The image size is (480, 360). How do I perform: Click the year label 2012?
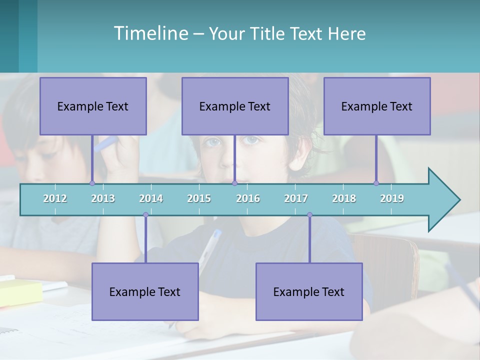point(55,198)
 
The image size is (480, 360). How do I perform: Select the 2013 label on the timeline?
point(103,198)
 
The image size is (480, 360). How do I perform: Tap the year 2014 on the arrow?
point(151,198)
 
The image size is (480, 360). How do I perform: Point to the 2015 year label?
point(199,198)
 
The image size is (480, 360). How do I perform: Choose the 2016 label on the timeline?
point(248,198)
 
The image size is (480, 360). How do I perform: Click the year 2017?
point(296,198)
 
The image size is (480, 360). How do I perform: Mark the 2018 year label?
point(344,198)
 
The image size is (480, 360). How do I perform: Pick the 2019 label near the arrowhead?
point(392,198)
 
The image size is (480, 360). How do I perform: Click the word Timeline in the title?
point(150,33)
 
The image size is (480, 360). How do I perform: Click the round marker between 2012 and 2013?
point(92,183)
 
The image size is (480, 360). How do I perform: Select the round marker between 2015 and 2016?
point(234,183)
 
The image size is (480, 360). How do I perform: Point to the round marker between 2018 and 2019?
point(376,183)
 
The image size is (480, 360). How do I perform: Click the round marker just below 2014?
point(145,215)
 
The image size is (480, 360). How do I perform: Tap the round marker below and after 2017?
point(309,215)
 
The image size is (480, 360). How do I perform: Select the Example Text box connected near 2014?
point(145,291)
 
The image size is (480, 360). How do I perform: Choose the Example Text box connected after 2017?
point(309,291)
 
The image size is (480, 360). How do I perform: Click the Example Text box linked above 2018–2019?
point(377,106)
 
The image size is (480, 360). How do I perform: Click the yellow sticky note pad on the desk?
point(20,292)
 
